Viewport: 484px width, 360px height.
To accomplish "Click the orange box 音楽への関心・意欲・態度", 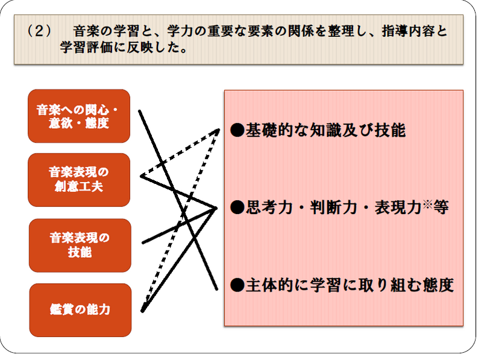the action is (x=79, y=116).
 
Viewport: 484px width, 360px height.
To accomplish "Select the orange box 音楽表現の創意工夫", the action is (x=79, y=180).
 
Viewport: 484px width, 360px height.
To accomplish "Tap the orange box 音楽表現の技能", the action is (x=80, y=246).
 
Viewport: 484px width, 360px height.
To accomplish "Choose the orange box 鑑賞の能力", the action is (x=80, y=310).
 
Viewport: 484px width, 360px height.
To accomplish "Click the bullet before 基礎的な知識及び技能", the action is (x=237, y=130).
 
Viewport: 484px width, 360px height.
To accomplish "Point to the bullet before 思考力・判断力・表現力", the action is (x=237, y=207).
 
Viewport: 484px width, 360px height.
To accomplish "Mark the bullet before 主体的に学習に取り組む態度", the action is (x=237, y=285).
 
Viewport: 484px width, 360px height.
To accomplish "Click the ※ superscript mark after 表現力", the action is (x=428, y=204).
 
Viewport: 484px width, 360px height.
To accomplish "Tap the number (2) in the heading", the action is (x=39, y=31).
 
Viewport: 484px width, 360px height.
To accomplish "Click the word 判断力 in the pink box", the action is (x=333, y=207).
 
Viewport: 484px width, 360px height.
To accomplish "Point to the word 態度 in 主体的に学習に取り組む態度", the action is (x=438, y=285).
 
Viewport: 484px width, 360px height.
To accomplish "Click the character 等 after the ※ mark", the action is (x=441, y=207).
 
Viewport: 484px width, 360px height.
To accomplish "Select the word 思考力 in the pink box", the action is (x=269, y=207).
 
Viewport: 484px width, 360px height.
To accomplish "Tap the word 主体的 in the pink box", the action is (x=269, y=285).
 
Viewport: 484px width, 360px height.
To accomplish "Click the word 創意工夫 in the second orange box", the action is (x=79, y=186).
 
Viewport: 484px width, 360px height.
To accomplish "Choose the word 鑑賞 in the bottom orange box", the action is (x=62, y=310).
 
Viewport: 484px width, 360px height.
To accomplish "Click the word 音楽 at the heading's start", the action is (x=86, y=31).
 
